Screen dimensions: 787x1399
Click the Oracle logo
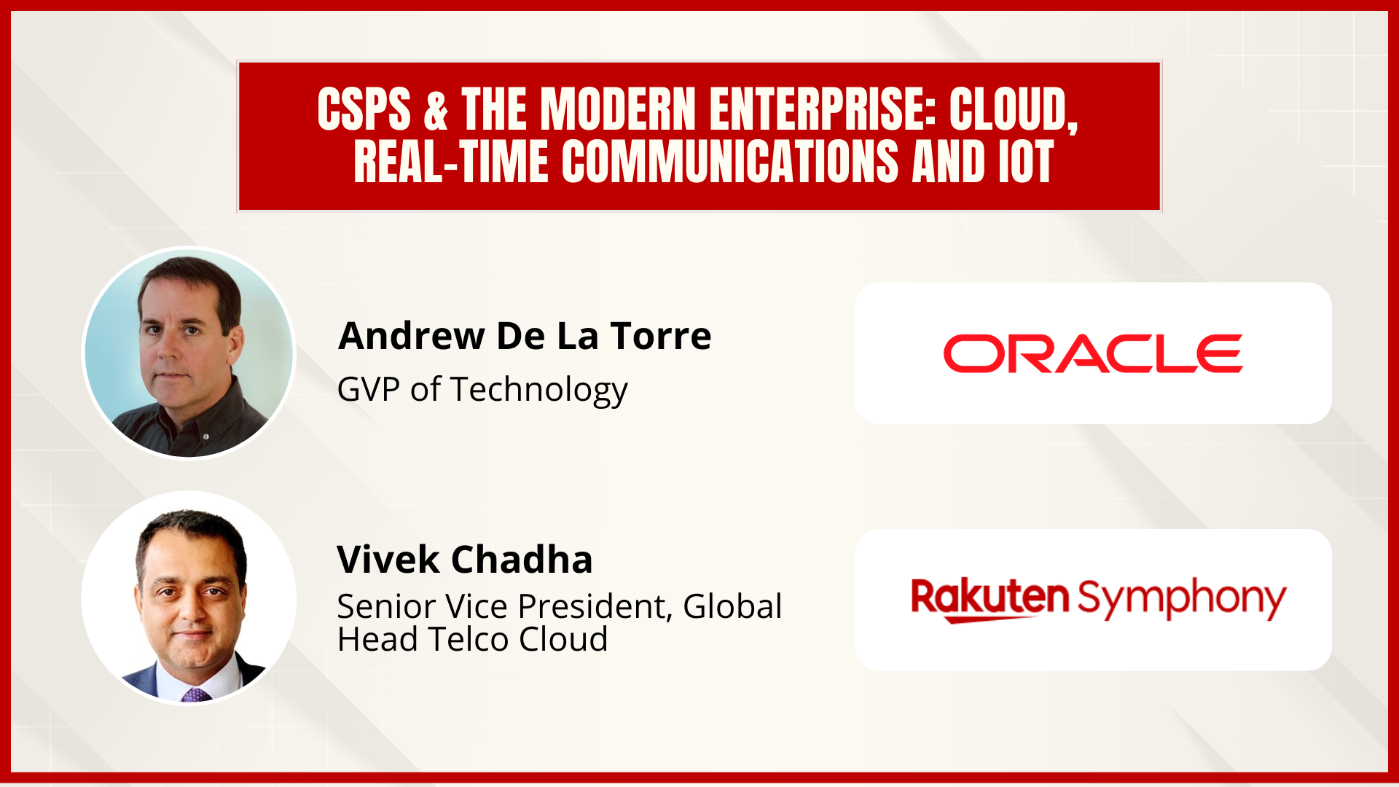(1092, 354)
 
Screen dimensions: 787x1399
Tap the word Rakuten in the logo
(990, 598)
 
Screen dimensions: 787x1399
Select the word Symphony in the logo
(1182, 598)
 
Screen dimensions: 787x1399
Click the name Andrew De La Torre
(525, 336)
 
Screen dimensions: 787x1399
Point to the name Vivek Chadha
(464, 560)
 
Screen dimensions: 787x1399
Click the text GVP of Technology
(482, 390)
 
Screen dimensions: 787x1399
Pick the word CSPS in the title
(364, 109)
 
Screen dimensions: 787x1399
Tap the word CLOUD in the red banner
(1013, 109)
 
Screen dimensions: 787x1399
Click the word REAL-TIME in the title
(450, 162)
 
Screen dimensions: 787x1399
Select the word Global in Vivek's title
(732, 606)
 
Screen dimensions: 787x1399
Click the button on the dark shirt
(206, 436)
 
